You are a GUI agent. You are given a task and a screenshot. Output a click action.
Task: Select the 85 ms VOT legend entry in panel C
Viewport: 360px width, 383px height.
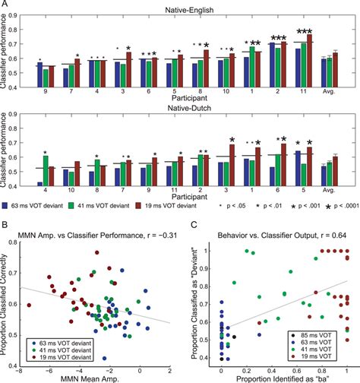(308, 334)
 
